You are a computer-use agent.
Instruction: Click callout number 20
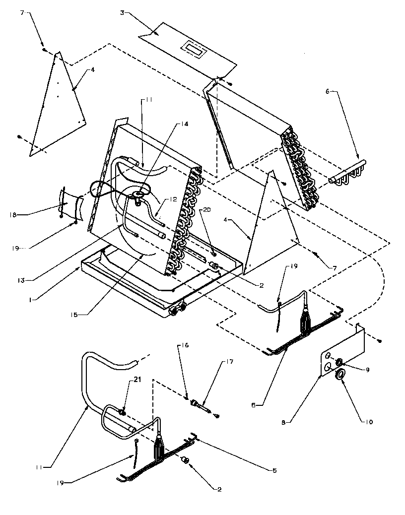tap(206, 209)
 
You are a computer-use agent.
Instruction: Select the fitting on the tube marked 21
tap(123, 412)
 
